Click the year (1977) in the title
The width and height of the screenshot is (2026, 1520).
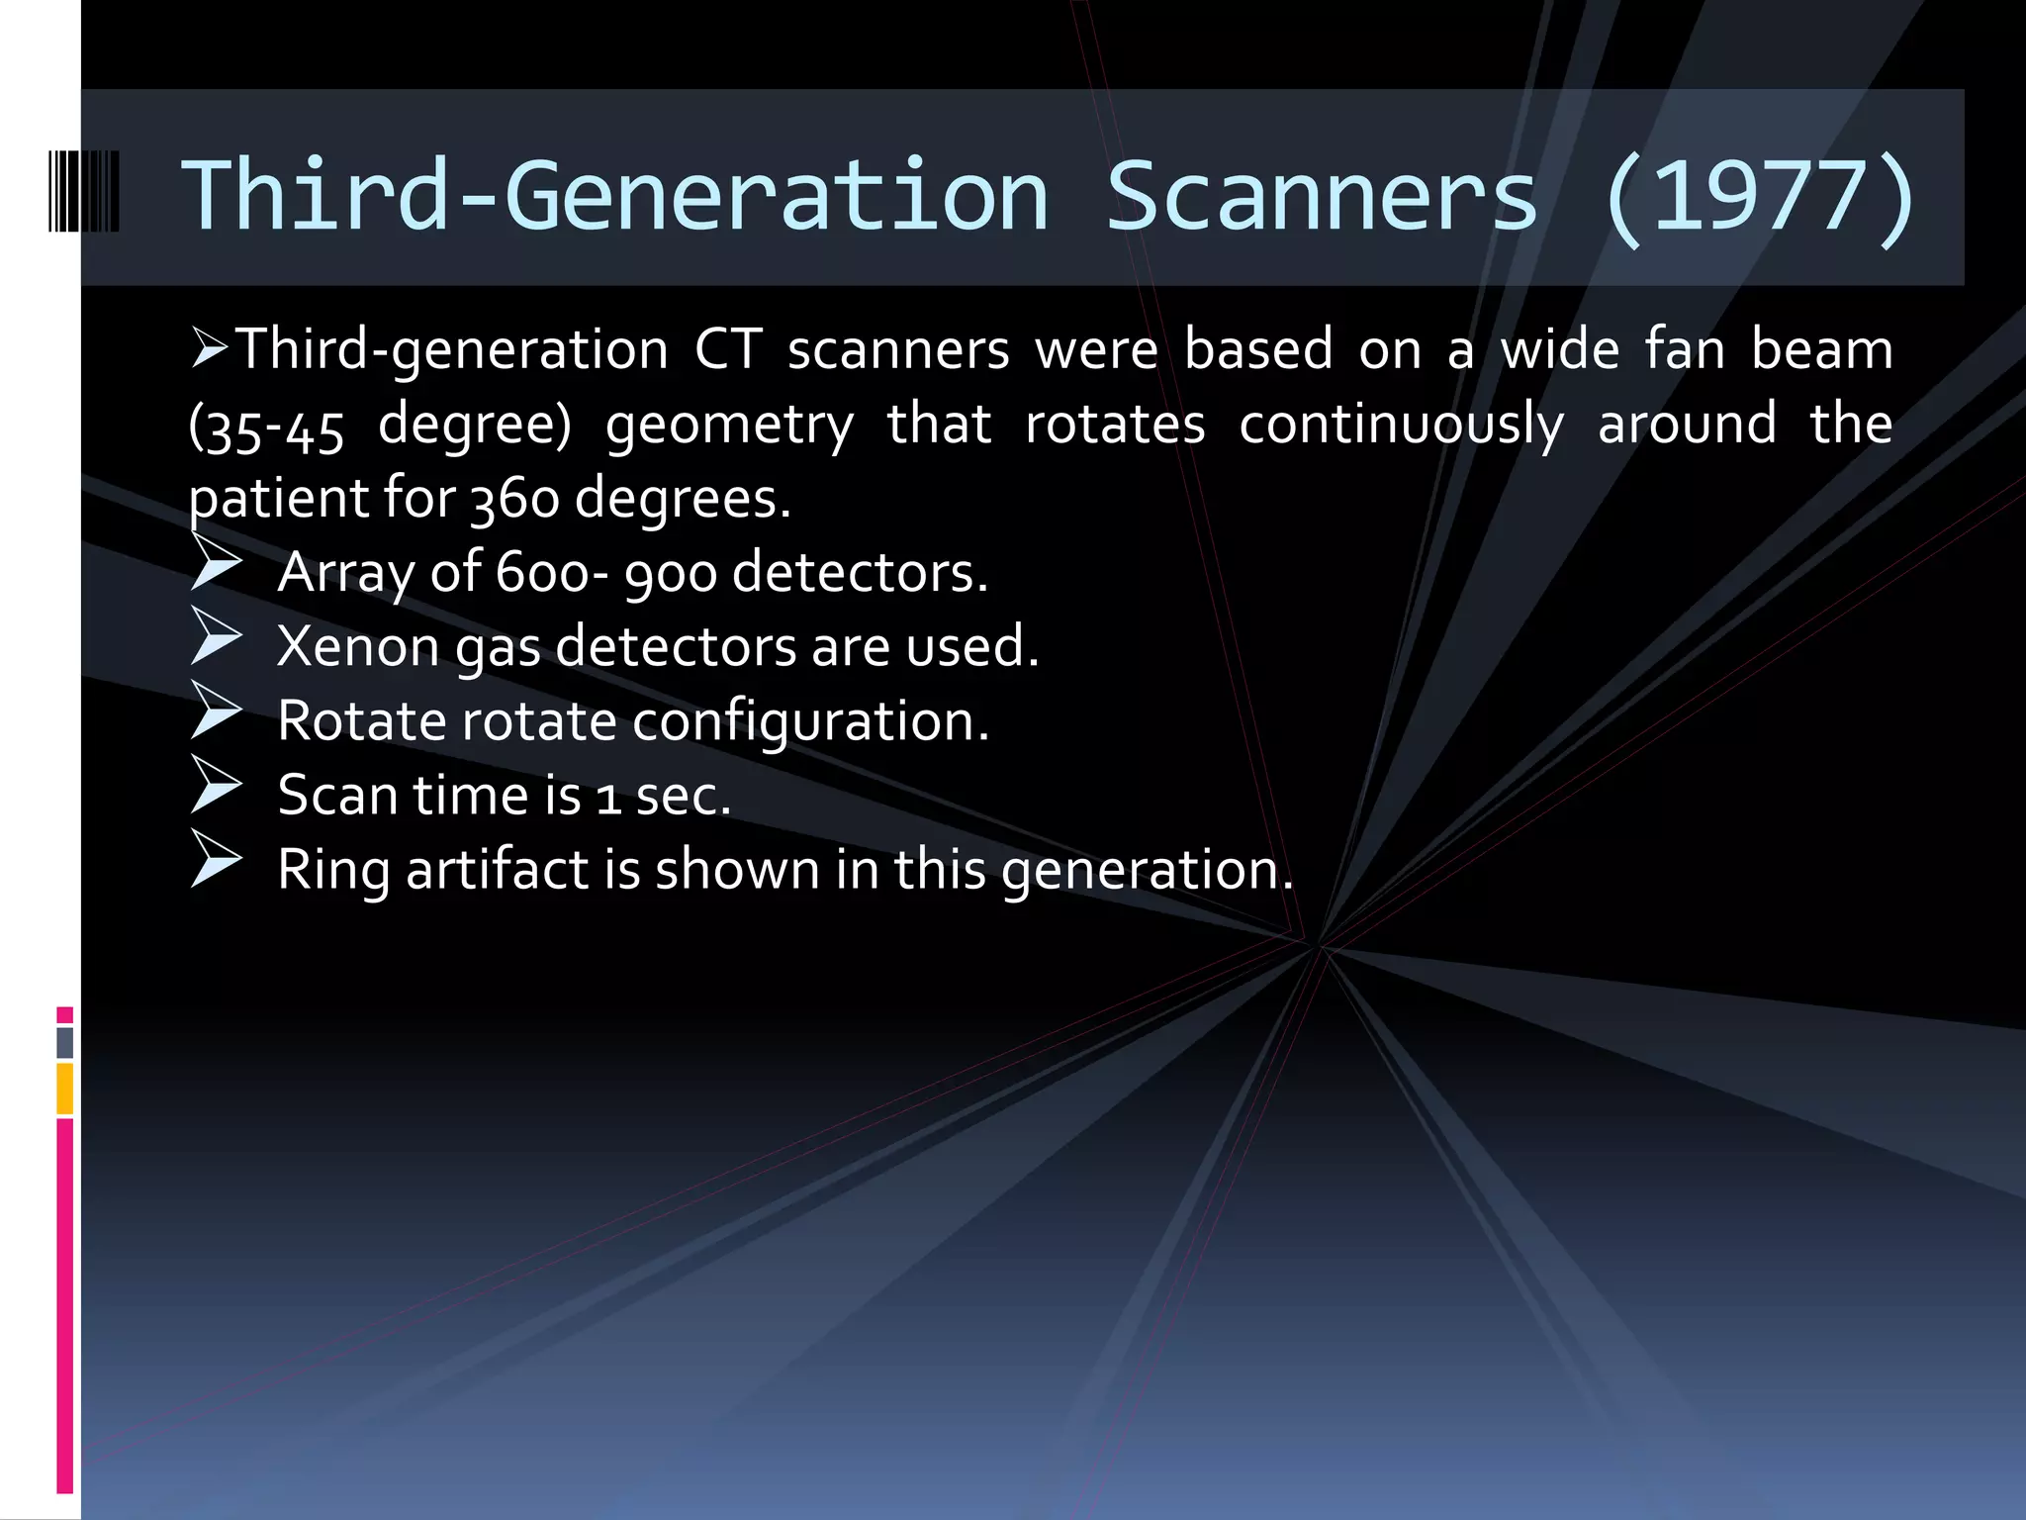1759,197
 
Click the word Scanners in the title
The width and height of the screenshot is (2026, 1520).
1322,197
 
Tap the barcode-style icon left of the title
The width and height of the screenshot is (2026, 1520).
84,191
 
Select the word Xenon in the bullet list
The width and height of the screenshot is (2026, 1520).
357,647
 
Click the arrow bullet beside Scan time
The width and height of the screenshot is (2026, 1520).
216,785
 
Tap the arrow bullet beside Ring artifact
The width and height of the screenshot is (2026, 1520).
216,859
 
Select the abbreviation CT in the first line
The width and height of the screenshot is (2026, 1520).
727,350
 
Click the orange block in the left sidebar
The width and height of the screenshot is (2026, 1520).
65,1089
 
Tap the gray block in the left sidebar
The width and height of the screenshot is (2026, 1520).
65,1042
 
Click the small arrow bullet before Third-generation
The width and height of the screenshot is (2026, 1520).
210,348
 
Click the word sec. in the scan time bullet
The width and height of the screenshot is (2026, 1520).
683,796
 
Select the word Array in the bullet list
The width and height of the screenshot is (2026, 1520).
345,573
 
